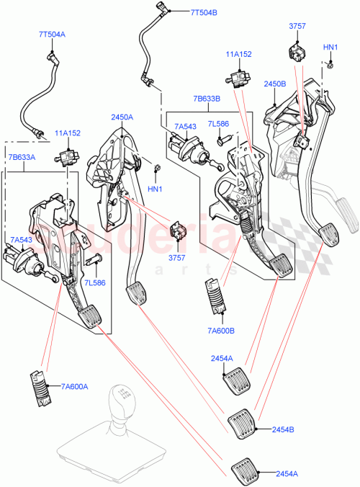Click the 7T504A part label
pyautogui.click(x=52, y=34)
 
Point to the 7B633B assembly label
pyautogui.click(x=207, y=99)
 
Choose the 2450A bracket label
pyautogui.click(x=122, y=117)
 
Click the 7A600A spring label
pyautogui.click(x=74, y=386)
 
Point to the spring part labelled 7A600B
pyautogui.click(x=217, y=295)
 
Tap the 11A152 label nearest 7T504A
pyautogui.click(x=68, y=133)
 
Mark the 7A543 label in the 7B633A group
pyautogui.click(x=21, y=239)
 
